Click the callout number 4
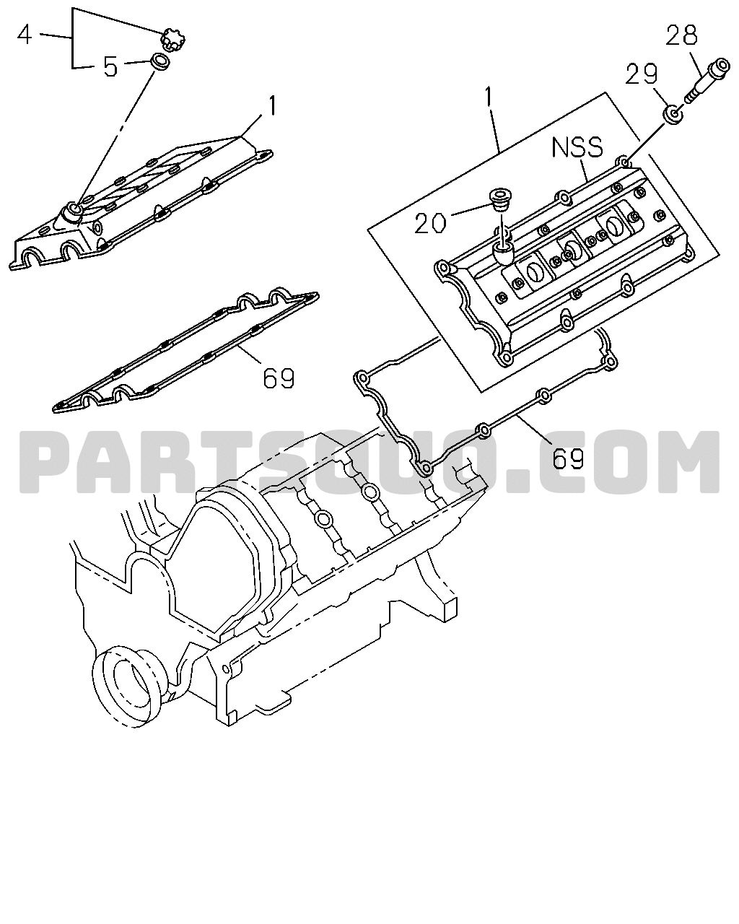click(x=25, y=35)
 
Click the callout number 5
click(x=110, y=66)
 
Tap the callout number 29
click(x=641, y=74)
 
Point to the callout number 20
click(x=430, y=223)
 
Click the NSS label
click(x=577, y=147)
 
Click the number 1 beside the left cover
click(x=272, y=105)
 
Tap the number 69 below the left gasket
click(x=279, y=378)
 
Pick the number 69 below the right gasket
click(x=568, y=458)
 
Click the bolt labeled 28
click(x=707, y=80)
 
